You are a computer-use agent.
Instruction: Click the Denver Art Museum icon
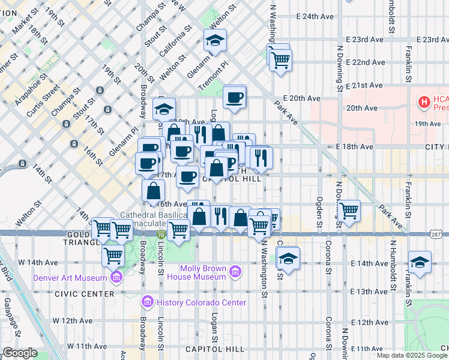click(116, 277)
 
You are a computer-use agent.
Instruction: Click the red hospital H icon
click(425, 102)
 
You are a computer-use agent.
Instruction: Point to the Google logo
click(20, 353)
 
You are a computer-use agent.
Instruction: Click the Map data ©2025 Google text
click(412, 355)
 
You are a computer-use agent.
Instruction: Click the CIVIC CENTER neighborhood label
click(83, 294)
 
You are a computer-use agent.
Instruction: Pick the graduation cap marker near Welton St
click(215, 41)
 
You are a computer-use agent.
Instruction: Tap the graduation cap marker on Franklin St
click(420, 262)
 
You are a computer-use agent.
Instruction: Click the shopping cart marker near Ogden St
click(348, 210)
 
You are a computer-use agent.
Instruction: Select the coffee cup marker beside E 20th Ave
click(234, 97)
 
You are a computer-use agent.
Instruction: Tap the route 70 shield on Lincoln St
click(161, 235)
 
